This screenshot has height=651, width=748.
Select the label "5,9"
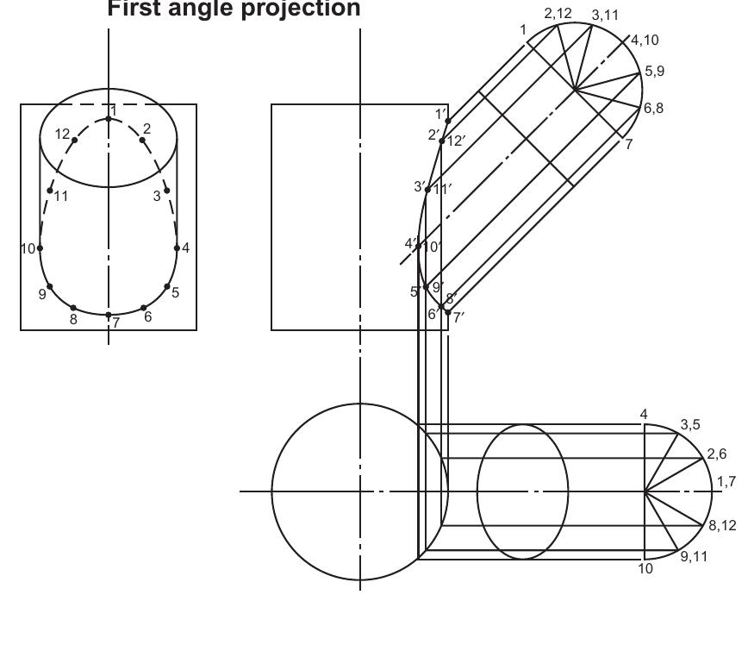tap(654, 72)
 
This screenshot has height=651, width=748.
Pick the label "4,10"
tap(646, 41)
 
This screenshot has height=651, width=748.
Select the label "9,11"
tap(694, 556)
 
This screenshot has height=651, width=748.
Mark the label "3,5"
tap(690, 424)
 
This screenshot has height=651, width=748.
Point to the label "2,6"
tap(717, 454)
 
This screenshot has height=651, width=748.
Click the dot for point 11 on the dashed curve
tap(51, 191)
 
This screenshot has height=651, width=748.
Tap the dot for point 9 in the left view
tap(50, 286)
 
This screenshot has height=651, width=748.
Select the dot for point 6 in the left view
tap(143, 307)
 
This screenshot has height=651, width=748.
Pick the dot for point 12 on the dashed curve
tap(75, 140)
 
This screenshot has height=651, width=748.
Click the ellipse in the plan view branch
tap(523, 491)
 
